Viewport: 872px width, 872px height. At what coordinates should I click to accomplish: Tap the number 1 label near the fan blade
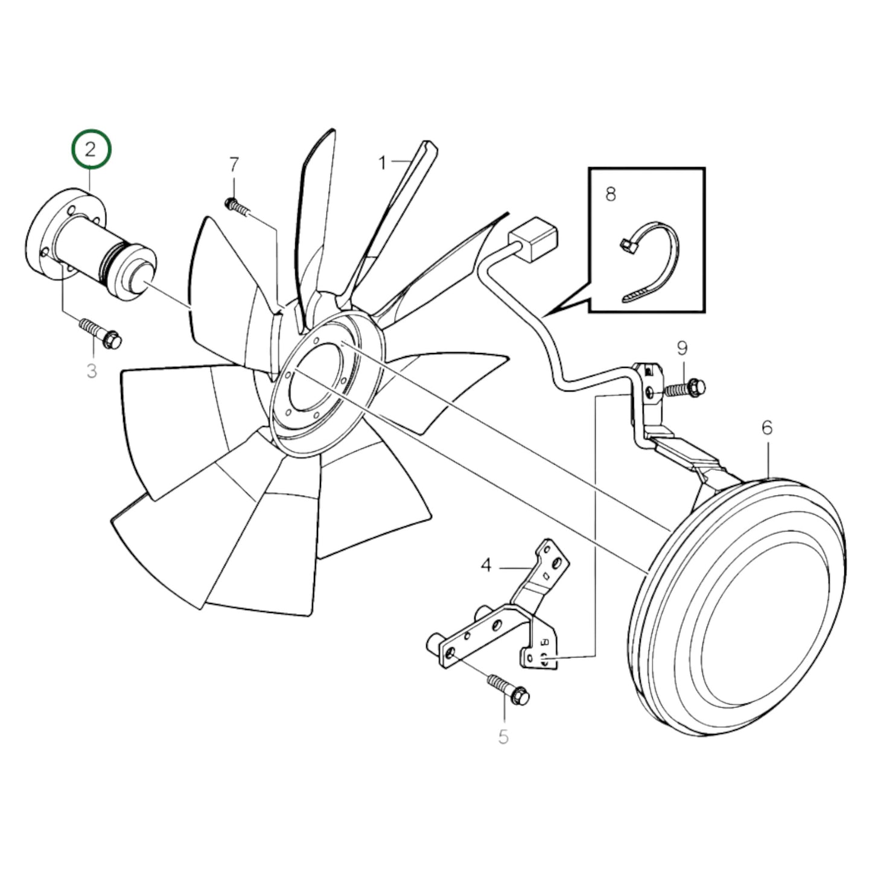[382, 162]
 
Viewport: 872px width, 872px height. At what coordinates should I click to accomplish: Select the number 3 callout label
[92, 370]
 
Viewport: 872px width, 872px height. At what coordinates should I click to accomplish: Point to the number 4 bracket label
[486, 565]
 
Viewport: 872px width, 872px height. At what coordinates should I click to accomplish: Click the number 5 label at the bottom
[503, 736]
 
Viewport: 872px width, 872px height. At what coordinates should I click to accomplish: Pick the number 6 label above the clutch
[766, 428]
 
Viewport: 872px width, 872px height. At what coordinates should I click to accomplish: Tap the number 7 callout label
[234, 164]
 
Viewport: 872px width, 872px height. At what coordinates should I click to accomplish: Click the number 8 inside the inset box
[611, 194]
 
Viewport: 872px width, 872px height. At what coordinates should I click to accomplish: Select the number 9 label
[682, 348]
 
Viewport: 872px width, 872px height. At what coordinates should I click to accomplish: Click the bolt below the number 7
[238, 206]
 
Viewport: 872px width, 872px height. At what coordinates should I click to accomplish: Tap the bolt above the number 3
[100, 333]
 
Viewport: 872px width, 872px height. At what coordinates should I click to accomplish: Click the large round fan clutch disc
[742, 597]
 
